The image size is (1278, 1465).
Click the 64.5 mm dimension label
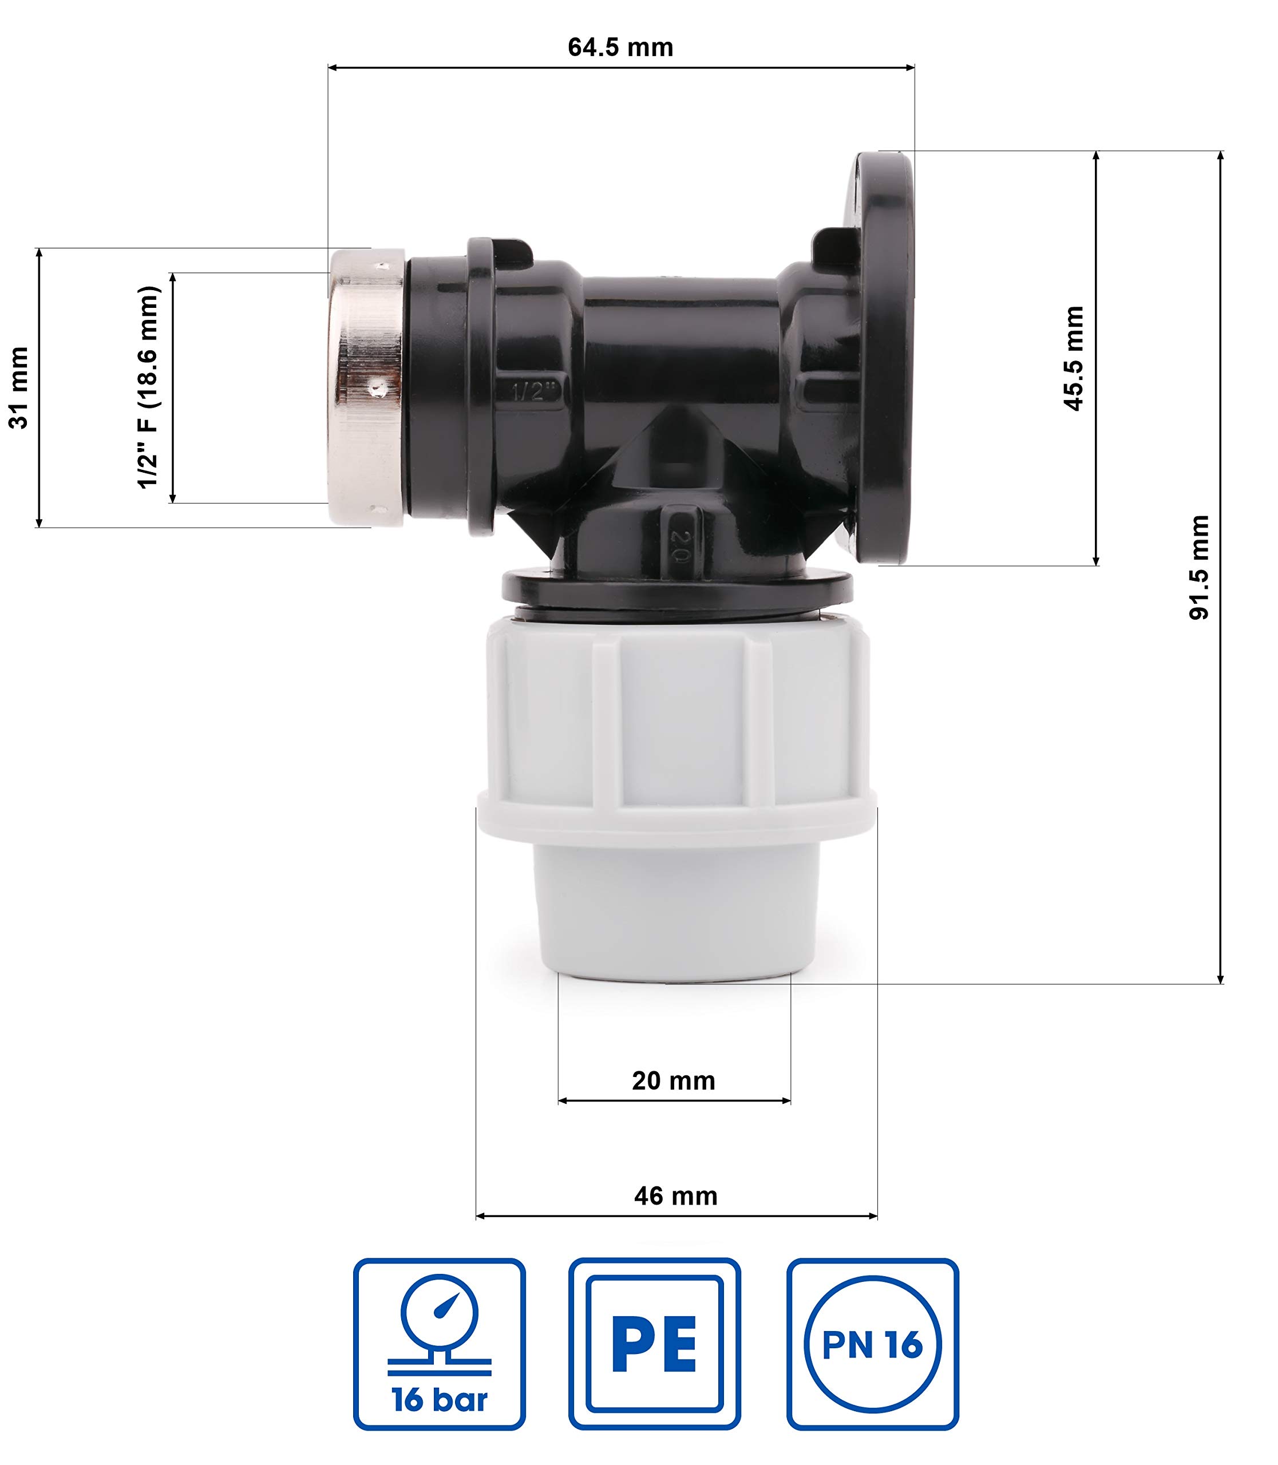click(x=620, y=47)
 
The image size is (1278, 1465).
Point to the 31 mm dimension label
click(x=18, y=388)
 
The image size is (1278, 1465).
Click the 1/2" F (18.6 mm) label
click(x=148, y=387)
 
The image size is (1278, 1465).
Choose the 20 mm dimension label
click(x=673, y=1080)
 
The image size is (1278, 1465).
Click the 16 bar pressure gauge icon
click(x=440, y=1344)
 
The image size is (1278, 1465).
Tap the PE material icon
click(x=655, y=1344)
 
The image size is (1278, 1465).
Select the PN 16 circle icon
click(x=873, y=1344)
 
